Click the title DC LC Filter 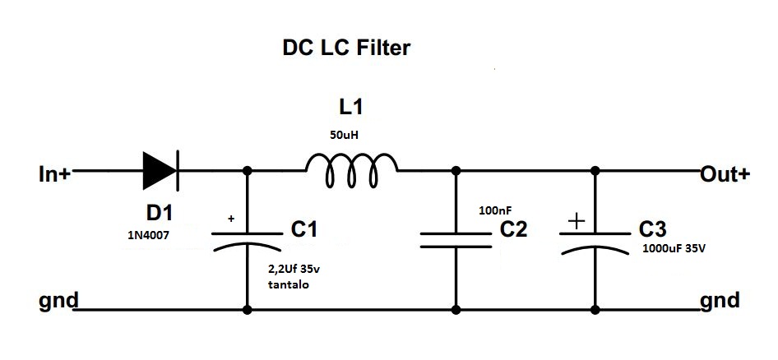coord(345,49)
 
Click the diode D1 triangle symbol coord(159,172)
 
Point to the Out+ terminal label coord(725,174)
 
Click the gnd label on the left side coord(57,300)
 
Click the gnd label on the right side coord(720,300)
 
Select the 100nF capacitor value coord(495,211)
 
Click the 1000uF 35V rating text coord(674,248)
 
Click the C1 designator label coord(304,232)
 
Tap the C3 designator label coord(655,231)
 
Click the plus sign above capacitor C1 coord(231,219)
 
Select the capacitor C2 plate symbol coord(455,238)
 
